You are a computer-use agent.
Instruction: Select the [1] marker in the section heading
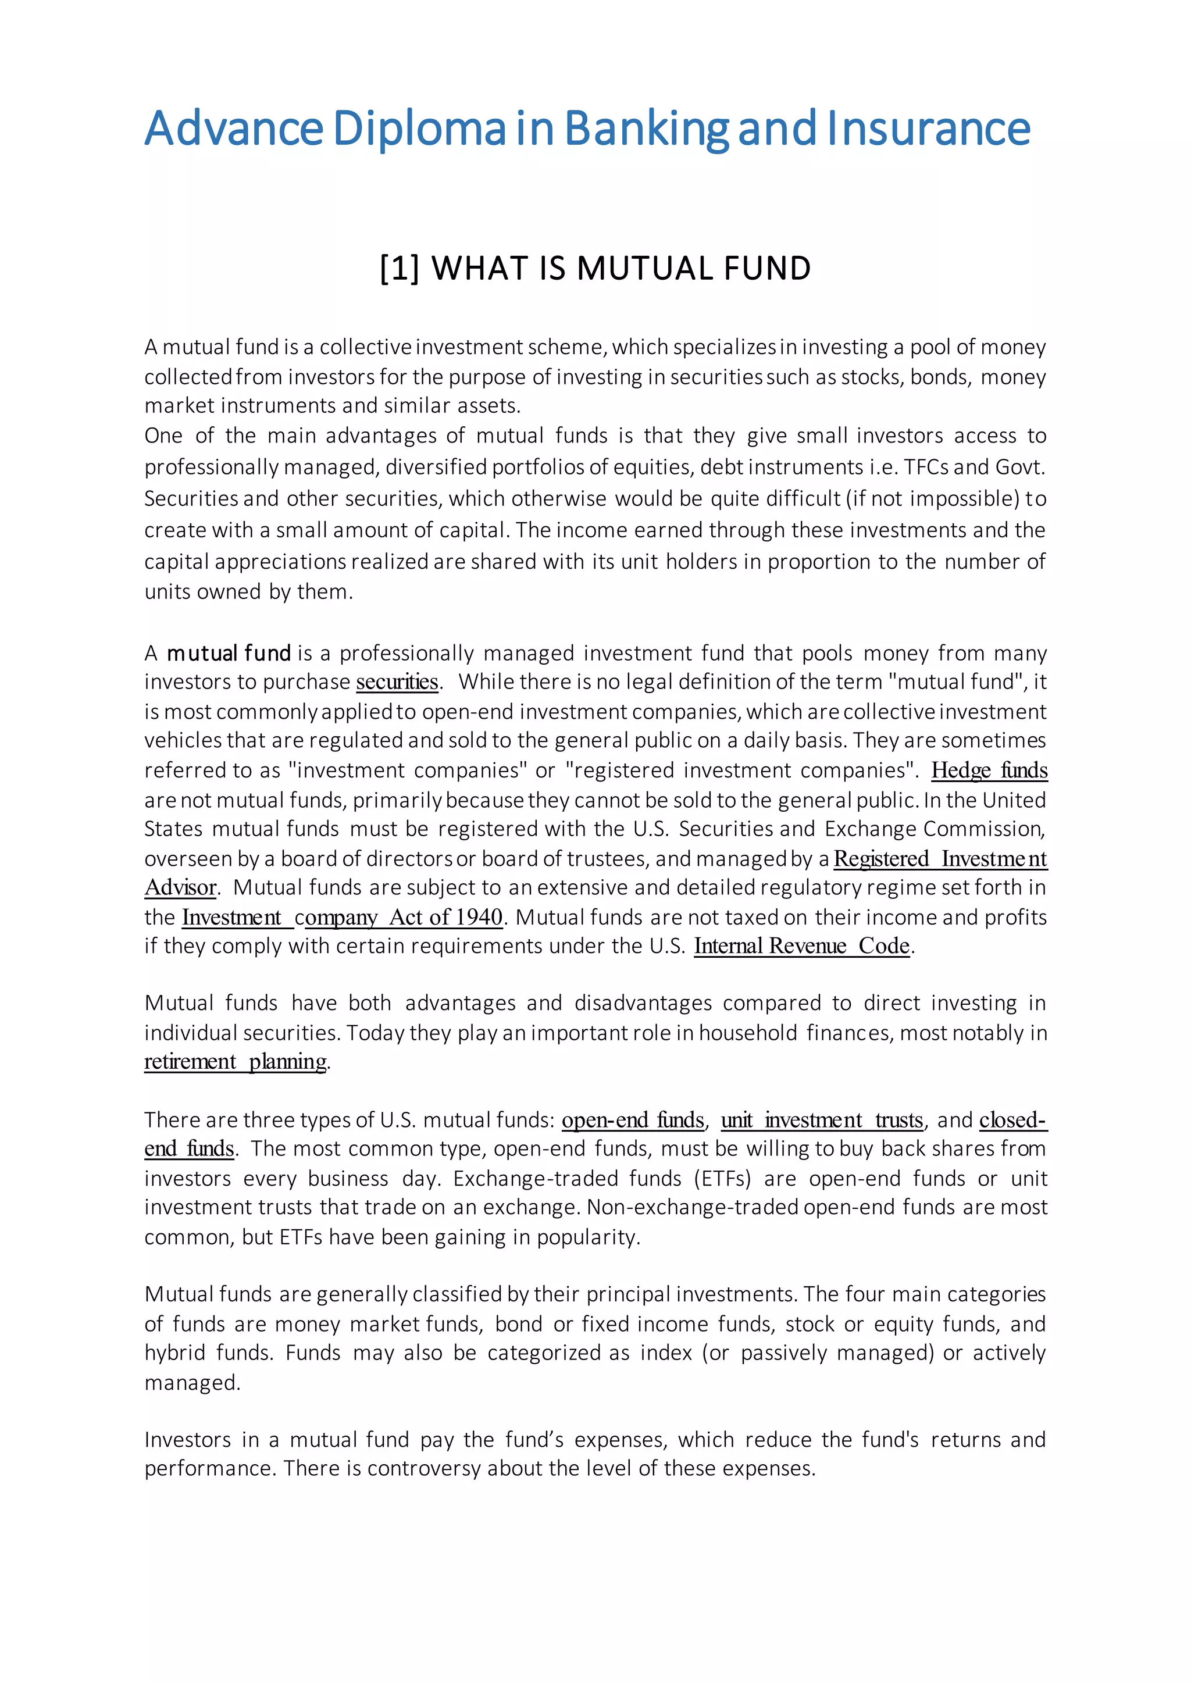click(x=400, y=269)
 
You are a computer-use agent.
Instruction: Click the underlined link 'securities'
click(x=397, y=682)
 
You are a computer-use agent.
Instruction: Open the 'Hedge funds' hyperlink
click(x=989, y=770)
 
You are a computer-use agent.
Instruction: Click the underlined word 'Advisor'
click(x=180, y=887)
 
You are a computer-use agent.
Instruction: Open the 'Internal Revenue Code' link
click(x=801, y=946)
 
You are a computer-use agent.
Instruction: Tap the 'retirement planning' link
click(x=236, y=1061)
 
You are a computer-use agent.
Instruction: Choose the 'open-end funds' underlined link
click(x=632, y=1120)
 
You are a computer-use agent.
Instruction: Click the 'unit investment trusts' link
click(x=821, y=1120)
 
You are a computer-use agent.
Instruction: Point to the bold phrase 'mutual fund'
click(x=229, y=653)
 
